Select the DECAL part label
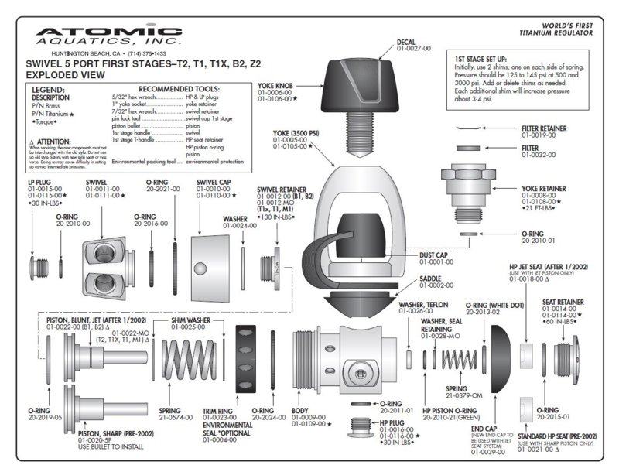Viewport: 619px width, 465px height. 410,42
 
